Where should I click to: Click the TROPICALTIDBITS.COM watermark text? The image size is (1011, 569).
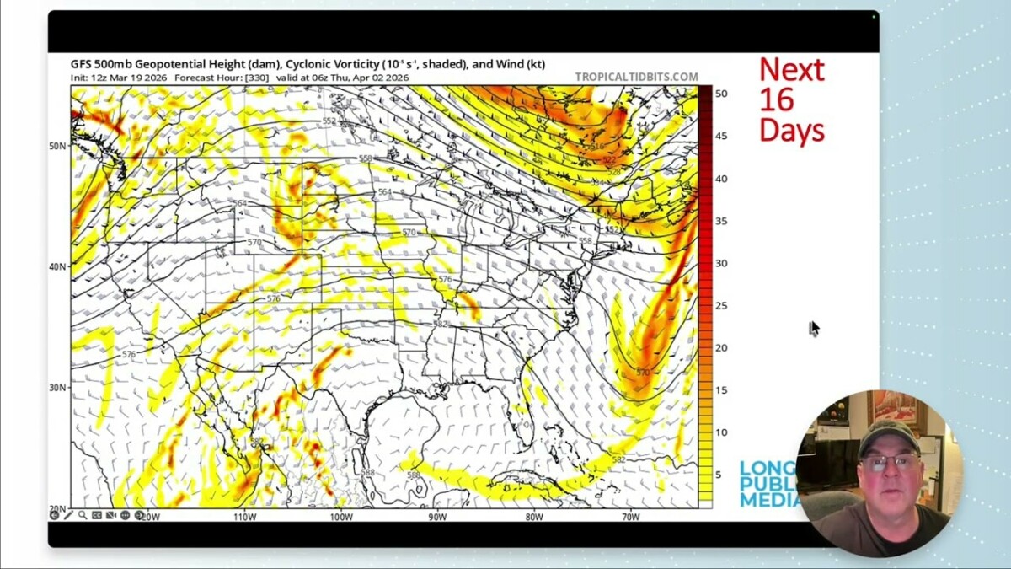[x=636, y=77]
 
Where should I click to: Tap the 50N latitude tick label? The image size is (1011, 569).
[x=57, y=146]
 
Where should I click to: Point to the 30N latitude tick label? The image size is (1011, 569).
[x=57, y=388]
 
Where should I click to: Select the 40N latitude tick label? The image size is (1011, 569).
[x=57, y=266]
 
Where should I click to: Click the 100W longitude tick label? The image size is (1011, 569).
[x=341, y=517]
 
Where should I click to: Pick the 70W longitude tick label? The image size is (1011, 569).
[x=630, y=517]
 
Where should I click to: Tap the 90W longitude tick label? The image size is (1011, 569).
[x=437, y=517]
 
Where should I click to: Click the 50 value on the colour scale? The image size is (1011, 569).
[x=721, y=94]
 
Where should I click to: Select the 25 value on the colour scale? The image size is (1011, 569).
[x=721, y=305]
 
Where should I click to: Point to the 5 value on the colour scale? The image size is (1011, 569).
[x=719, y=475]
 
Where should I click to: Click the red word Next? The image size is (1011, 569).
[x=791, y=69]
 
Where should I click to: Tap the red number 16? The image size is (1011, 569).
[x=776, y=99]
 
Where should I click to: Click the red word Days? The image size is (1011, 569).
[x=791, y=130]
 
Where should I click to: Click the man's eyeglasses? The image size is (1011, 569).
[x=890, y=462]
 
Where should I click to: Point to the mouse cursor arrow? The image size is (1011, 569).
[x=815, y=329]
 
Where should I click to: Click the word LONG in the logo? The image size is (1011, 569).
[x=767, y=469]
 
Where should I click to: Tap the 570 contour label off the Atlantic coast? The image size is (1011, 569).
[x=643, y=372]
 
